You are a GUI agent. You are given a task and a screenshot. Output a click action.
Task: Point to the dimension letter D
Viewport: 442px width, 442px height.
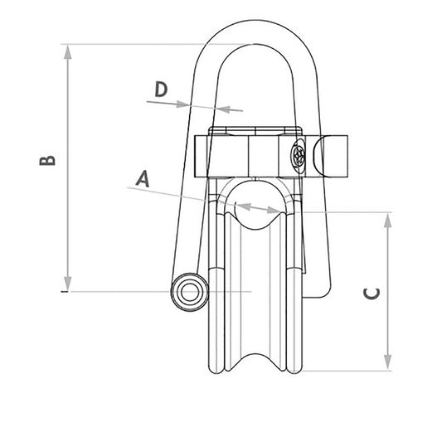point(162,88)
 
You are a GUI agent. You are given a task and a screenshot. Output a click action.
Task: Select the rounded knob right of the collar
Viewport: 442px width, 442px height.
point(334,155)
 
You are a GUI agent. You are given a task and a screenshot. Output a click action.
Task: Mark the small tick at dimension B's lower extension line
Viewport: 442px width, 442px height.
point(63,292)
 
